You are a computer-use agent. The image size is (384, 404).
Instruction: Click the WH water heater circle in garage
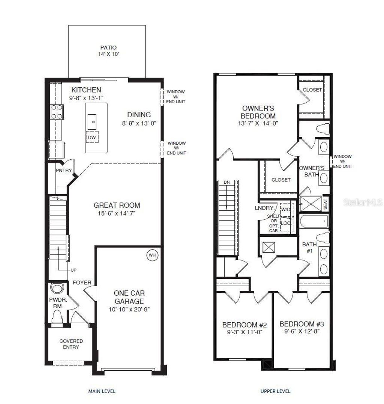(x=152, y=255)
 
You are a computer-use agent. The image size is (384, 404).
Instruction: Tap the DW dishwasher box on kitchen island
(x=92, y=137)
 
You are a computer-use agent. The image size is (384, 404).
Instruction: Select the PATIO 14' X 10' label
(x=108, y=51)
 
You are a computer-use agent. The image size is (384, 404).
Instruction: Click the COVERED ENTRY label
(x=71, y=344)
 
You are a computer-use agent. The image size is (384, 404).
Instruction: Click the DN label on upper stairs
(x=227, y=183)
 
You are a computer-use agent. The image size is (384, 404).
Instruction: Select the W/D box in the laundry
(x=286, y=209)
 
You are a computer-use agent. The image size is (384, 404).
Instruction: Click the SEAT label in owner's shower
(x=325, y=205)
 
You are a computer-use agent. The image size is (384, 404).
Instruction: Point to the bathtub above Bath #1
(x=314, y=221)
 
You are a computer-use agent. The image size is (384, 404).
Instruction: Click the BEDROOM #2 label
(x=244, y=325)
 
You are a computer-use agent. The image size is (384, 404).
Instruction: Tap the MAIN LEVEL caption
(x=102, y=391)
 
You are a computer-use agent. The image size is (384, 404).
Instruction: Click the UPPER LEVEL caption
(x=275, y=391)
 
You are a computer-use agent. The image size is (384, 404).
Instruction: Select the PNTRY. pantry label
(x=63, y=171)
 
